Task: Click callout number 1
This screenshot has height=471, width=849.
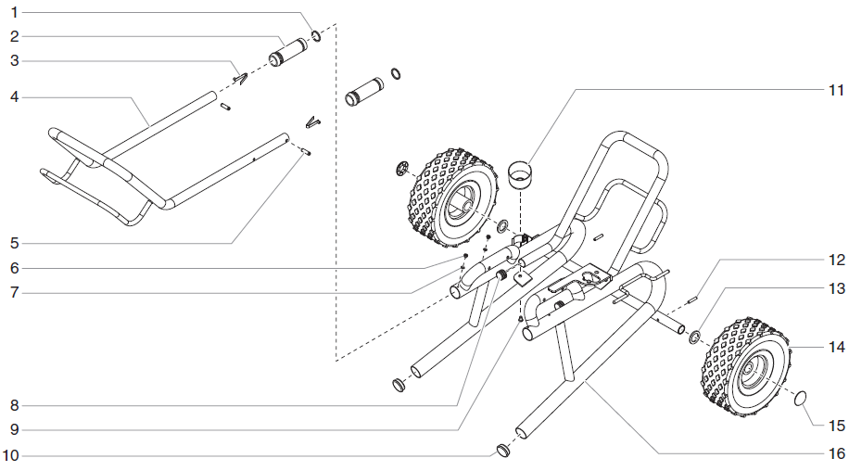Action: tap(14, 13)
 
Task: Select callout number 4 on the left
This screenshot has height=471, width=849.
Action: tap(14, 96)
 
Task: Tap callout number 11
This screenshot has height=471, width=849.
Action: tap(836, 90)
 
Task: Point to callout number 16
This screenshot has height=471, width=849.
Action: tap(836, 453)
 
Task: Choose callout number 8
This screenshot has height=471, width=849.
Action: tap(14, 405)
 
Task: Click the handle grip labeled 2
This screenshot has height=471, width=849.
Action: tap(289, 51)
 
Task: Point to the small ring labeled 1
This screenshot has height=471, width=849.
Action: tap(316, 36)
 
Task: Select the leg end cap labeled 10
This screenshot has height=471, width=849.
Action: tap(504, 451)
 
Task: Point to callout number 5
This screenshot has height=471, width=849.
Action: tap(14, 244)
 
